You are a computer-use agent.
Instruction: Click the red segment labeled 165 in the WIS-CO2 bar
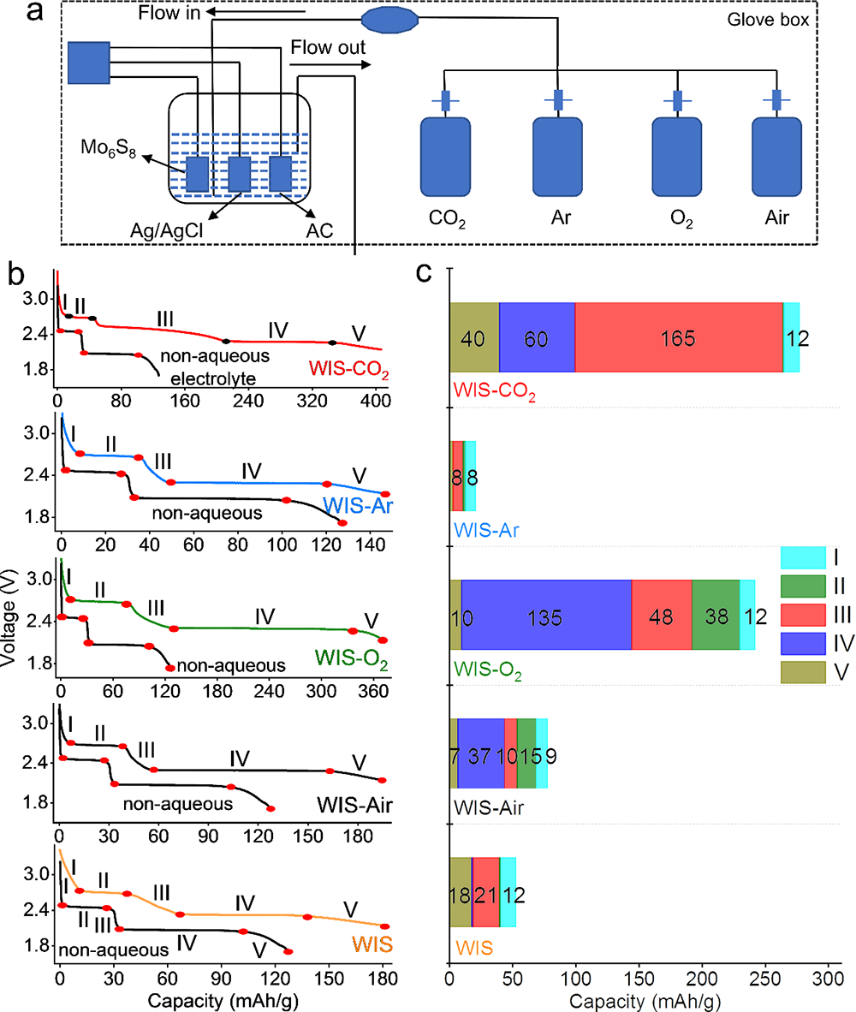click(679, 337)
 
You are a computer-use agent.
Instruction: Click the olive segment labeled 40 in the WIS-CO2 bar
click(474, 337)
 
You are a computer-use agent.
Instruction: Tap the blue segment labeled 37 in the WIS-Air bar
click(481, 753)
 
